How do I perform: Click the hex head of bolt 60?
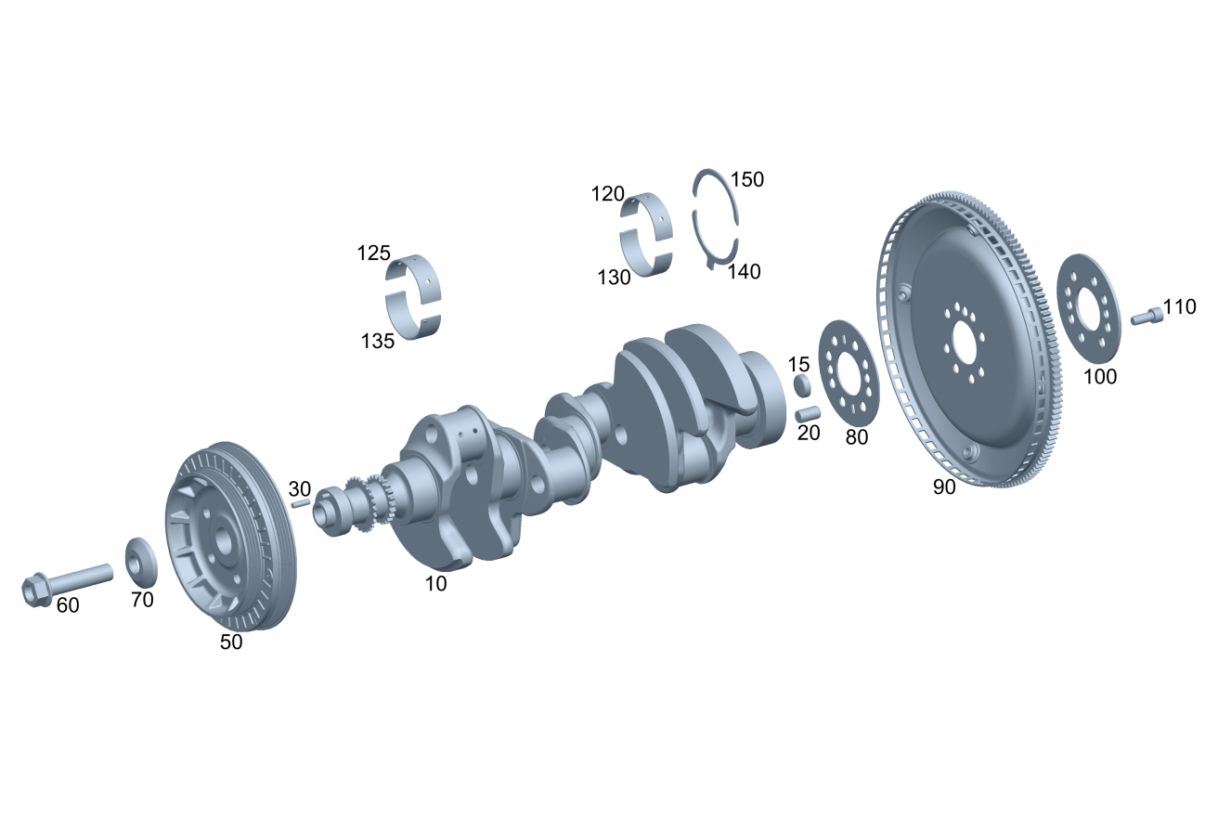[36, 590]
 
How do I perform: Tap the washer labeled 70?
[141, 562]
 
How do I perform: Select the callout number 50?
[231, 643]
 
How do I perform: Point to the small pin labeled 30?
[301, 503]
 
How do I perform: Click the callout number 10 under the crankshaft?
[435, 584]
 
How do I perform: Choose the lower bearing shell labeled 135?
[413, 318]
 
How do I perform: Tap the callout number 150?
[746, 180]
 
